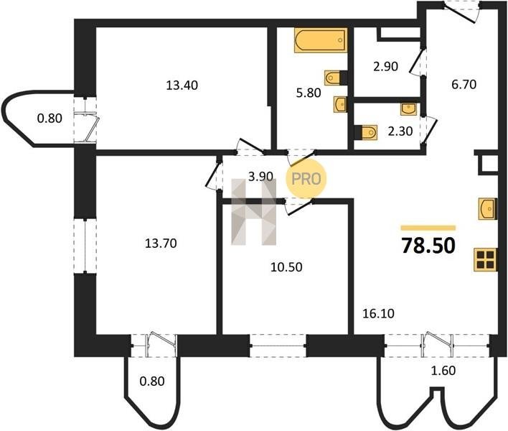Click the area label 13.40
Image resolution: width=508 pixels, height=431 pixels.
click(182, 85)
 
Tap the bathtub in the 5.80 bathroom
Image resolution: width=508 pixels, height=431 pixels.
click(321, 40)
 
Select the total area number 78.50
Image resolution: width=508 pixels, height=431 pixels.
click(428, 246)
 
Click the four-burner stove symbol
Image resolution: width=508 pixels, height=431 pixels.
click(485, 259)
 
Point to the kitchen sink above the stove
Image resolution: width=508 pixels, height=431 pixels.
click(488, 208)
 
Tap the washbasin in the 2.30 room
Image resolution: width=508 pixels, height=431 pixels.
click(409, 109)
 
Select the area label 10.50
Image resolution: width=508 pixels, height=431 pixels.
click(286, 267)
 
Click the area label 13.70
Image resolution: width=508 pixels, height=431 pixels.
click(161, 243)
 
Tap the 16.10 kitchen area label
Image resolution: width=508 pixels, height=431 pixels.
click(378, 314)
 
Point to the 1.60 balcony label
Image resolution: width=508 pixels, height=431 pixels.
click(443, 371)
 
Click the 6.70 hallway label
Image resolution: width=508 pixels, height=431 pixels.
click(464, 85)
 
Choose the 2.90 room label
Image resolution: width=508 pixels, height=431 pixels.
click(385, 67)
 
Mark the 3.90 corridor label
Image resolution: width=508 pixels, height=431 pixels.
click(260, 176)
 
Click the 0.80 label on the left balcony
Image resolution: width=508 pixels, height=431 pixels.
click(50, 119)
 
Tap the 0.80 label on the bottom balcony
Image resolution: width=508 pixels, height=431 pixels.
click(152, 381)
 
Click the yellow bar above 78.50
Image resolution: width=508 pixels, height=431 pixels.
click(428, 228)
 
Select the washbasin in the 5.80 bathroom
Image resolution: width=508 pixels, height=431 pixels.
click(340, 104)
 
